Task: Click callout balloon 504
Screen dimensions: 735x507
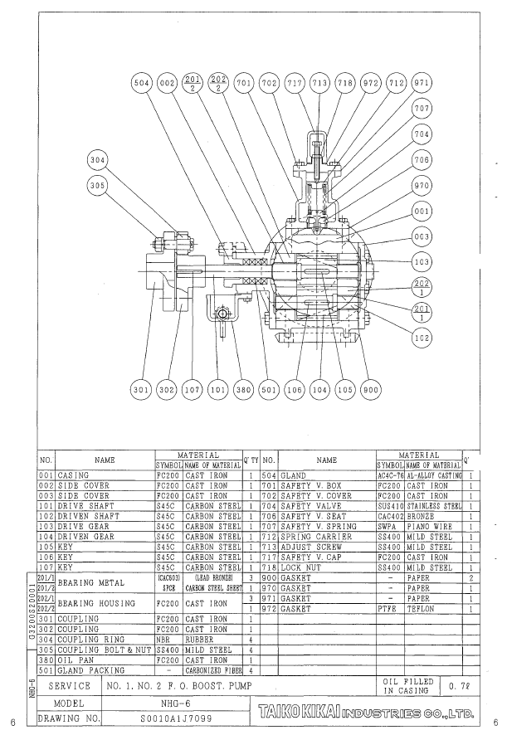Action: (x=143, y=84)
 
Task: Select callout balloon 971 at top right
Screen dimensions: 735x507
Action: (x=422, y=84)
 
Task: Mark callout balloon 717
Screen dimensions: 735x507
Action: (x=293, y=84)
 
